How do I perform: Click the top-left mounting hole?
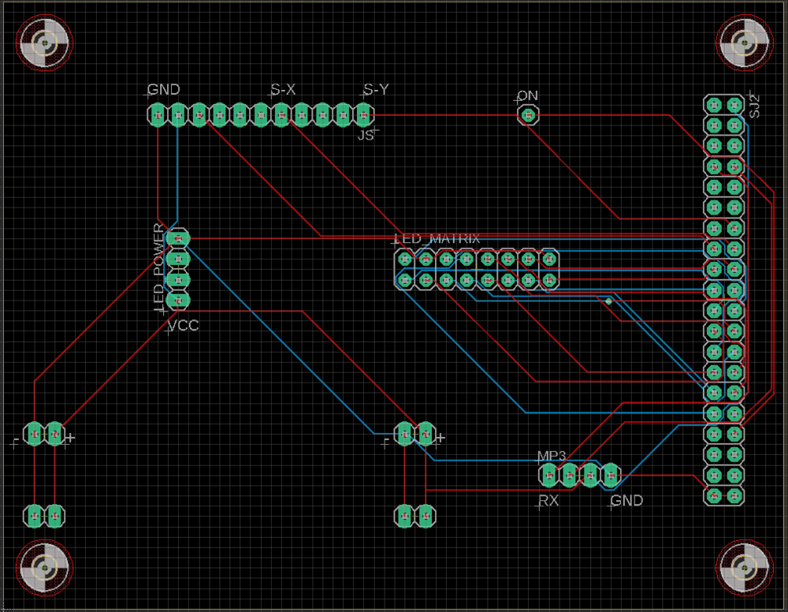45,43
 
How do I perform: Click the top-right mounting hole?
745,43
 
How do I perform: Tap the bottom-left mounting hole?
45,569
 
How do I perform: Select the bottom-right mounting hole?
745,569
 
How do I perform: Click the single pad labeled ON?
528,115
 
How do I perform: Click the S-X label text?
283,90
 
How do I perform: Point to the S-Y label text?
376,89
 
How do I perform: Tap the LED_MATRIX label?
437,239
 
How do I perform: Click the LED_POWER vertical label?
159,267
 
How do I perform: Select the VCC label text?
183,326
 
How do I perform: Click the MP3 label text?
552,456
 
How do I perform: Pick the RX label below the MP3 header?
548,501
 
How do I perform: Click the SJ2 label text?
754,106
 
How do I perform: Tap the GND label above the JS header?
164,89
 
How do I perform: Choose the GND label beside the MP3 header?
626,501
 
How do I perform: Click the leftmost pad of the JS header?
158,115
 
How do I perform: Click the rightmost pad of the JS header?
364,115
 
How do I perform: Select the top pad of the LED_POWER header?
178,238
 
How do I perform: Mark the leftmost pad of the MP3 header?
548,476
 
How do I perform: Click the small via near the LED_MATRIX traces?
608,301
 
